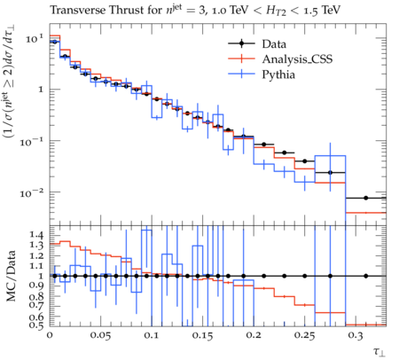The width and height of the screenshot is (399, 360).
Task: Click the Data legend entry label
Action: [x=274, y=44]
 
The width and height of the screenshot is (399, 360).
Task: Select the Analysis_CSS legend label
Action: [x=297, y=59]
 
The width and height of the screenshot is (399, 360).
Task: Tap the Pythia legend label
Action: [x=278, y=74]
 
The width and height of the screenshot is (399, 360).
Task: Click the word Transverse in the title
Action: [x=78, y=10]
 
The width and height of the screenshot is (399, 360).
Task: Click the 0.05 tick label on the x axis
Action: [x=100, y=335]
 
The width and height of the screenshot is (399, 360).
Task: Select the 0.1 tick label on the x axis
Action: [x=152, y=335]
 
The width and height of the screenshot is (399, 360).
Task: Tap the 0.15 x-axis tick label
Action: [x=202, y=335]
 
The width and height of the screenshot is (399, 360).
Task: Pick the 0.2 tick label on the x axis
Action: [x=254, y=335]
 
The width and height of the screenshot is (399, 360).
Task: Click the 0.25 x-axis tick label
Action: [x=305, y=335]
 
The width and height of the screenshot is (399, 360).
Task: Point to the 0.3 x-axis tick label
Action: [x=356, y=335]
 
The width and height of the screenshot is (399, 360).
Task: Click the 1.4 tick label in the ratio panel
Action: [x=36, y=235]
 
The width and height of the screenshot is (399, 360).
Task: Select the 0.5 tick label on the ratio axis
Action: [x=36, y=325]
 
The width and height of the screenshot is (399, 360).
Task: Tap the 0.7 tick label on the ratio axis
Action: [x=36, y=304]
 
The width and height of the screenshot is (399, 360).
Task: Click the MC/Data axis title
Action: [x=11, y=276]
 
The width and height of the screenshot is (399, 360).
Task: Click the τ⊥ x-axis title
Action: [x=379, y=352]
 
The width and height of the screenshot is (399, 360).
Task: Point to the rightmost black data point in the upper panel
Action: [x=366, y=198]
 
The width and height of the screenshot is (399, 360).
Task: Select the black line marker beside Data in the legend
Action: [x=241, y=43]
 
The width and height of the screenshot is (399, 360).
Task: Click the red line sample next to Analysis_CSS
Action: [x=241, y=59]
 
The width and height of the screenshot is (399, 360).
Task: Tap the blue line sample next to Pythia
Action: [x=241, y=74]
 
